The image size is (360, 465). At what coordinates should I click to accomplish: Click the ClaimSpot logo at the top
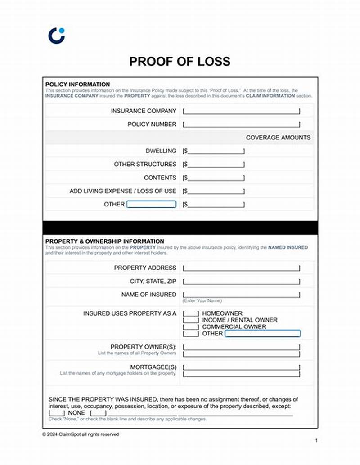coord(56,36)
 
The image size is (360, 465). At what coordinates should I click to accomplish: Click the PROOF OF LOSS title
coord(180,61)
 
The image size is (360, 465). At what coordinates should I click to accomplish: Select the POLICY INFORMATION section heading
coord(77,84)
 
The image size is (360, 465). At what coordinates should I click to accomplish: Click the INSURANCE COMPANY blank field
coord(241,111)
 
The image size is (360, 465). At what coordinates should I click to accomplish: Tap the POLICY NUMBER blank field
coord(241,124)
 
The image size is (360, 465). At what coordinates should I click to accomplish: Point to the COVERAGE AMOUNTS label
coord(278,137)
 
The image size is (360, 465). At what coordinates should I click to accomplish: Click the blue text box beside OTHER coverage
coord(151,204)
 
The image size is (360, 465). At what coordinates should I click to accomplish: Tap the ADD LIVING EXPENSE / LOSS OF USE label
coord(123,191)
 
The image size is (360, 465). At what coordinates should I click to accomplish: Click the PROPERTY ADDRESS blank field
coord(241,268)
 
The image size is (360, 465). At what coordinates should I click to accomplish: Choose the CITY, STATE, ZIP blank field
coord(241,281)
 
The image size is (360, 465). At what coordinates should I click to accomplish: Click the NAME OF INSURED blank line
coord(241,294)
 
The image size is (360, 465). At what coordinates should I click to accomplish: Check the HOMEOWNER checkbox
coord(191,313)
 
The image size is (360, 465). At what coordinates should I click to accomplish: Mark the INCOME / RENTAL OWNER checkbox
coord(191,320)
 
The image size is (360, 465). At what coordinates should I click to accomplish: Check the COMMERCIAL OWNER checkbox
coord(191,327)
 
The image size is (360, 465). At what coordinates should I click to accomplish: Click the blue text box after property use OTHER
coord(262,334)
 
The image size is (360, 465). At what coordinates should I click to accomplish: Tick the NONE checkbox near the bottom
coord(57,413)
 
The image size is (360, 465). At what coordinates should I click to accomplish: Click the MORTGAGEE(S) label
coord(153,367)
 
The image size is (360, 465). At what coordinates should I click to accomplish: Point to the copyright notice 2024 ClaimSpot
coord(81,434)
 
